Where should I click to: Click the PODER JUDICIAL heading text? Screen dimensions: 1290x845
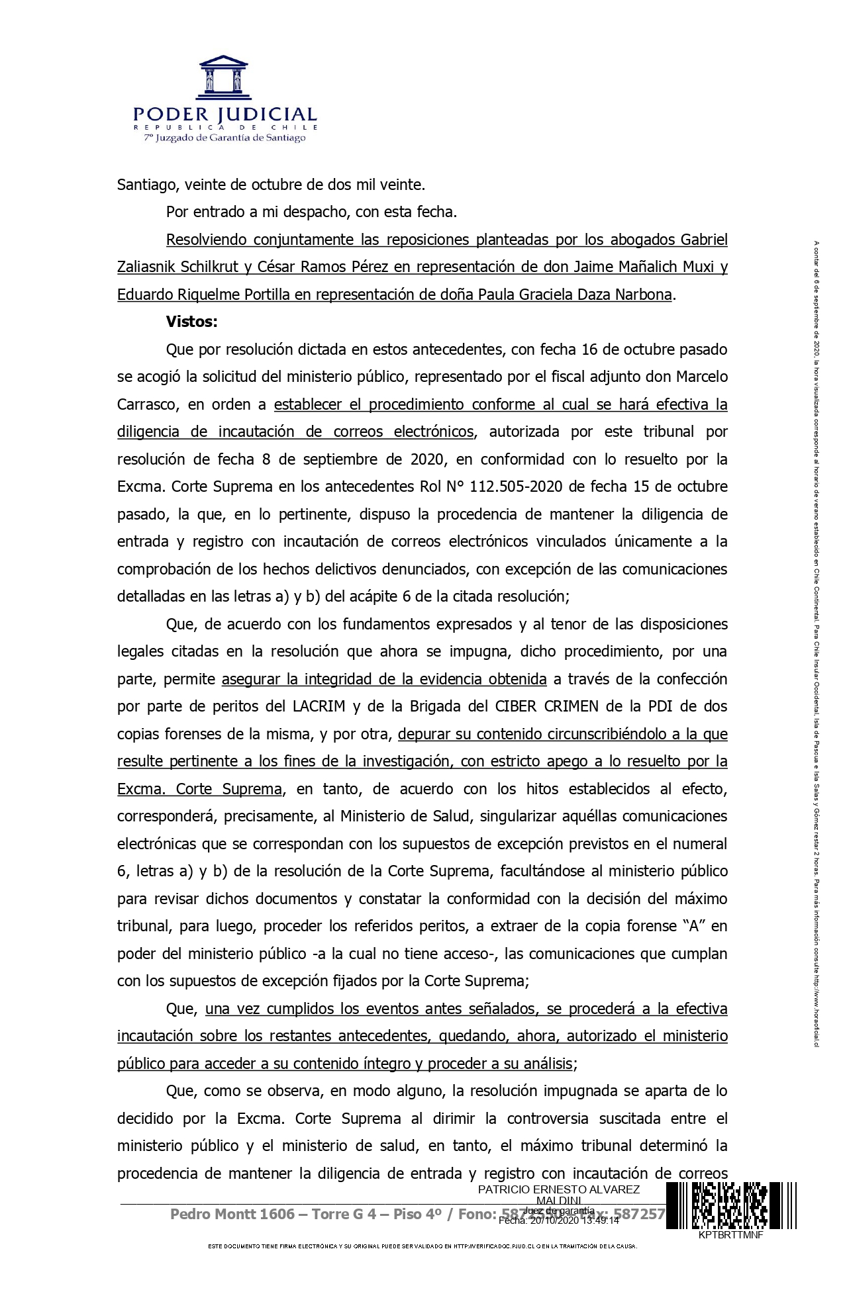pyautogui.click(x=224, y=115)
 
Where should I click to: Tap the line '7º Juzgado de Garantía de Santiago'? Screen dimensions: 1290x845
pyautogui.click(x=224, y=138)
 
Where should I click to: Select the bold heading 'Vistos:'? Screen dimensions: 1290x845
pyautogui.click(x=191, y=322)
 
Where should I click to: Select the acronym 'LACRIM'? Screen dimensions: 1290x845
pyautogui.click(x=319, y=706)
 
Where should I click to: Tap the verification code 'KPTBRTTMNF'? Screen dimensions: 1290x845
pyautogui.click(x=730, y=1235)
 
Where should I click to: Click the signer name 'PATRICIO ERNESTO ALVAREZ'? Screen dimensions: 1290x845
pyautogui.click(x=558, y=1189)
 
